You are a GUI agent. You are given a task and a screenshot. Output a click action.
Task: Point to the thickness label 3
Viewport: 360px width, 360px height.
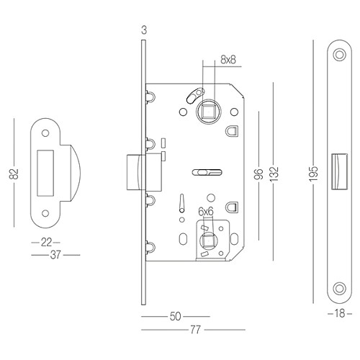pyautogui.click(x=144, y=30)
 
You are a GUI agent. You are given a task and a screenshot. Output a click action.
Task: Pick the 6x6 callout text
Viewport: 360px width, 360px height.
pyautogui.click(x=206, y=211)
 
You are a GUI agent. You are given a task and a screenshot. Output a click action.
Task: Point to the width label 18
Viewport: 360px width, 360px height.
pyautogui.click(x=338, y=315)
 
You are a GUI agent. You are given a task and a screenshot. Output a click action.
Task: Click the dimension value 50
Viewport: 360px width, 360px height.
pyautogui.click(x=175, y=316)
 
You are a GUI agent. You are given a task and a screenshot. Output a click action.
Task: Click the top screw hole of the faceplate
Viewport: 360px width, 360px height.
pyautogui.click(x=339, y=54)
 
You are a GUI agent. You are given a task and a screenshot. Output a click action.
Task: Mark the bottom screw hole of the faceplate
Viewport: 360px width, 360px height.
pyautogui.click(x=339, y=289)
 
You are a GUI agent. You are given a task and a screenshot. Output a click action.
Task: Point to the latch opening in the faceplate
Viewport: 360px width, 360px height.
pyautogui.click(x=338, y=172)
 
